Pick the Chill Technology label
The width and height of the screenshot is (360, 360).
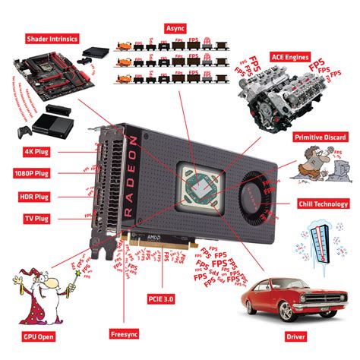pyautogui.click(x=324, y=204)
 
